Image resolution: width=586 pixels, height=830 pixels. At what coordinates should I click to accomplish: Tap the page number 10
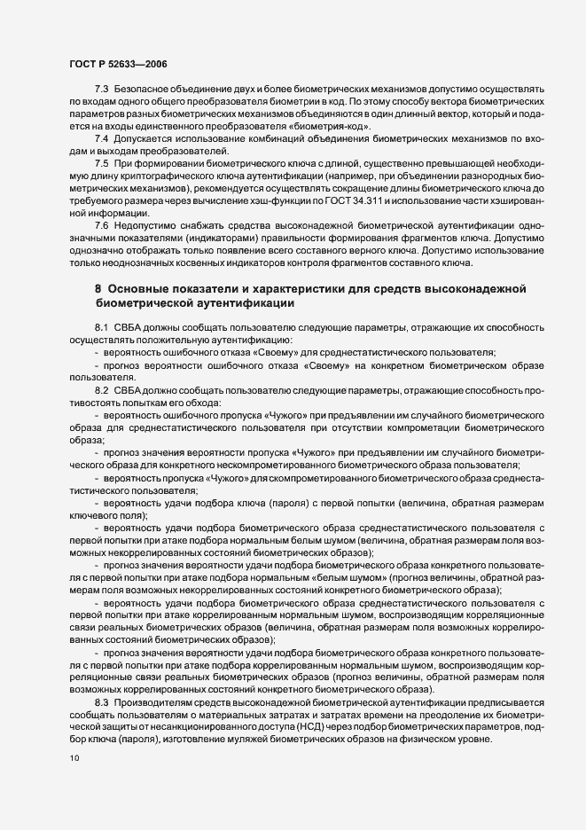[72, 758]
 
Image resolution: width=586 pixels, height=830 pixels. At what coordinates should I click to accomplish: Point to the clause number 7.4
[102, 140]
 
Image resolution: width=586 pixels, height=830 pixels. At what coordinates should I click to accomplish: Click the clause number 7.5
[102, 163]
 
